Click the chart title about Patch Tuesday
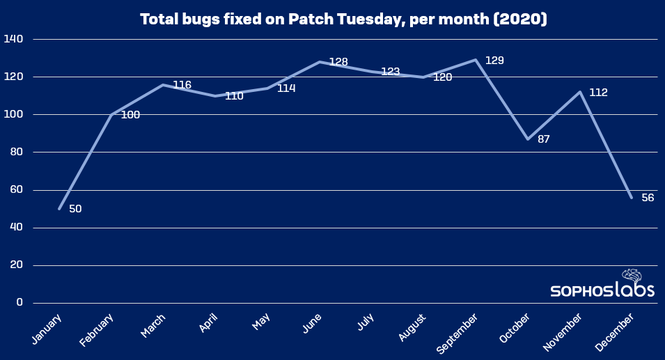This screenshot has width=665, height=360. (x=343, y=19)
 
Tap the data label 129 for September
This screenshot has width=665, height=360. (x=494, y=61)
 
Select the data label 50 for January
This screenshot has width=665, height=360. (x=75, y=209)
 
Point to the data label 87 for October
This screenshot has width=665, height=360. (x=544, y=139)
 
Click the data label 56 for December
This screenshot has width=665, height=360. (x=648, y=198)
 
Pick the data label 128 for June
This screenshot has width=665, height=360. (x=338, y=62)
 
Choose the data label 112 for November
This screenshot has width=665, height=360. (x=598, y=92)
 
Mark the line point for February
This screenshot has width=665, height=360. (x=111, y=114)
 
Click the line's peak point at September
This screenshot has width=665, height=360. (x=476, y=60)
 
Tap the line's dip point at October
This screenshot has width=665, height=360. (x=528, y=139)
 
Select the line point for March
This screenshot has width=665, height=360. (x=163, y=85)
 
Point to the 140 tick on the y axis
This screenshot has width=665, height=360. (x=13, y=39)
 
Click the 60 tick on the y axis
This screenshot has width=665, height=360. (x=15, y=190)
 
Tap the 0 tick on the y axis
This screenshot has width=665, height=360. (x=19, y=303)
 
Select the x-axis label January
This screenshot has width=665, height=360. (x=47, y=328)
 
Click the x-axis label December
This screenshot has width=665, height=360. (x=616, y=331)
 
